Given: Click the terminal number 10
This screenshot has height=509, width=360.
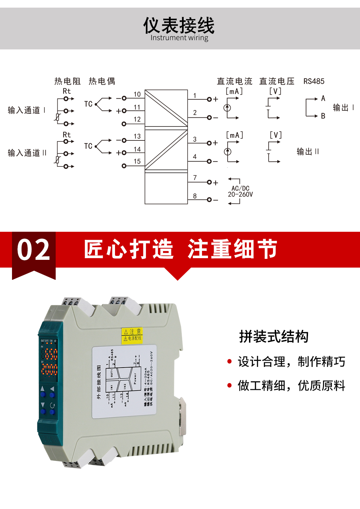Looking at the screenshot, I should tap(137, 94).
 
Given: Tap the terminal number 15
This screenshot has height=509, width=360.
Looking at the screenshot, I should tap(137, 161).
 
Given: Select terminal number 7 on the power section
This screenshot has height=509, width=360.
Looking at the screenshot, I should tap(195, 178).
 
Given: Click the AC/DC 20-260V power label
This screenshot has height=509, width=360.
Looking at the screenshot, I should tap(240, 191).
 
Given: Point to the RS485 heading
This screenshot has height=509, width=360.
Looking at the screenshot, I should tap(314, 81).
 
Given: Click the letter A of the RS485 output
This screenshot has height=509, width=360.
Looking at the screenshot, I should tap(323, 98).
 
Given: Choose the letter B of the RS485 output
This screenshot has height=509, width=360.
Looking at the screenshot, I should tap(323, 116).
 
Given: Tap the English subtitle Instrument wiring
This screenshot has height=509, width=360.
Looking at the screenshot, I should tap(179, 38).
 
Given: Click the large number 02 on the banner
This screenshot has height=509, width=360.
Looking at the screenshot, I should tap(34, 250).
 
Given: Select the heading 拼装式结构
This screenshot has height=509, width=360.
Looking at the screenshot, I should tap(274, 336).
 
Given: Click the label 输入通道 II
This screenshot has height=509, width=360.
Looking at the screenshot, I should tap(27, 153).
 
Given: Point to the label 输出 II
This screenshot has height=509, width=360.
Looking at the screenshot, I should tap(308, 152).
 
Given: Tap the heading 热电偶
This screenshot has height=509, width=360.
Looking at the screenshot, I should tap(102, 81).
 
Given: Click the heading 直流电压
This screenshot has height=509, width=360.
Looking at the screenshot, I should tap(277, 81).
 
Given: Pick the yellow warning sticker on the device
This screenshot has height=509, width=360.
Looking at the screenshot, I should tap(132, 335).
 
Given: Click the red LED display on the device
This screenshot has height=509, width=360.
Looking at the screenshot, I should tap(49, 362).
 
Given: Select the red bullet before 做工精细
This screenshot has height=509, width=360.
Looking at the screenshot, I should tap(229, 386).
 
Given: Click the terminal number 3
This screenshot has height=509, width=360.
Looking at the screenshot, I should tap(195, 139).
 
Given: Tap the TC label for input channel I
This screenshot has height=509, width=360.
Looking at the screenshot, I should tap(88, 104).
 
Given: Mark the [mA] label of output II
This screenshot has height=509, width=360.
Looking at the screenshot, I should tap(235, 135).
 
